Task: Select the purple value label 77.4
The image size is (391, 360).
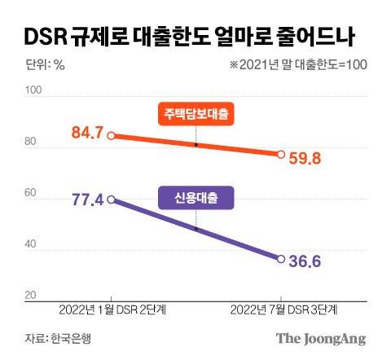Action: pyautogui.click(x=80, y=199)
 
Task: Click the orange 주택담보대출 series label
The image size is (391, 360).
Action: pyautogui.click(x=196, y=116)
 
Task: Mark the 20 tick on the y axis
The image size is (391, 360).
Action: pyautogui.click(x=31, y=296)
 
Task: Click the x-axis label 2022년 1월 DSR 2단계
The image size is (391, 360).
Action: pyautogui.click(x=110, y=310)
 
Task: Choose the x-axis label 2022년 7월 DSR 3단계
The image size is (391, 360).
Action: pyautogui.click(x=281, y=310)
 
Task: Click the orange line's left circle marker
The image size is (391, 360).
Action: pyautogui.click(x=110, y=136)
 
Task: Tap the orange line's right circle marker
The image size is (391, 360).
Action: pyautogui.click(x=281, y=155)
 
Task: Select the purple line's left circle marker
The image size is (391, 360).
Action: pyautogui.click(x=110, y=199)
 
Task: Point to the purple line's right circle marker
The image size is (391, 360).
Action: pyautogui.click(x=281, y=259)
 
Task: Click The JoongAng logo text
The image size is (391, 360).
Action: pyautogui.click(x=320, y=339)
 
